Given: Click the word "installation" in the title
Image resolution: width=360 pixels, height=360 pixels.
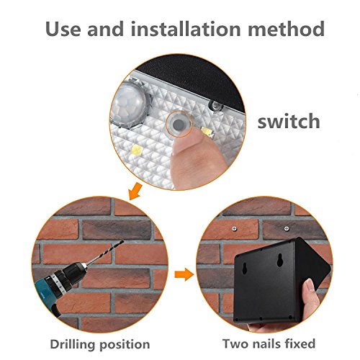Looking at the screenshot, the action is (186, 30).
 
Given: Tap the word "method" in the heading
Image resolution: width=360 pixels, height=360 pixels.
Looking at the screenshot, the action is (286, 29).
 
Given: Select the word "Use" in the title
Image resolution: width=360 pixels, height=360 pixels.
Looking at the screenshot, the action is (63, 30).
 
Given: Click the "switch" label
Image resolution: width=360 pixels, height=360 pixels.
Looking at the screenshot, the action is (289, 121).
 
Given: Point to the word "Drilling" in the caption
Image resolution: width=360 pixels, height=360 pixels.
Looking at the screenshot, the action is (73, 345).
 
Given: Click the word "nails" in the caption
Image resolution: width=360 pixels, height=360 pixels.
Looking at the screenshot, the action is (271, 343).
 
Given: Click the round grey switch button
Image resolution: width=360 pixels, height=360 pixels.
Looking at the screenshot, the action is (179, 124).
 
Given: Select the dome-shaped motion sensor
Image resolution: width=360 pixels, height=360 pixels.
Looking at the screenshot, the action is (130, 103).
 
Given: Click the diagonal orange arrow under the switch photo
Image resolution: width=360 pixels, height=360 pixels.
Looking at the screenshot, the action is (135, 191).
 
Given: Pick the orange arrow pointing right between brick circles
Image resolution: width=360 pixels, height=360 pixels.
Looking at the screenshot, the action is (184, 274).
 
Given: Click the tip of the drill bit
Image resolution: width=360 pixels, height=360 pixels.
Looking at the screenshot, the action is (123, 241).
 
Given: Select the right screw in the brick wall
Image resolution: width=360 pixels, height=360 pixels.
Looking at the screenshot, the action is (287, 228).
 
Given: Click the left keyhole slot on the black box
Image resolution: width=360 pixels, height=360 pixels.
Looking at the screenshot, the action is (245, 268).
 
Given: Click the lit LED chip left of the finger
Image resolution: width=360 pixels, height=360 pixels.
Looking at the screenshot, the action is (137, 150).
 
